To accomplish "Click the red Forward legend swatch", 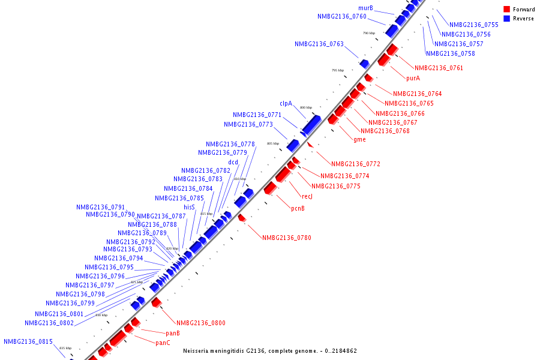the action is [506, 10].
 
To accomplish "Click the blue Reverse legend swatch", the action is [506, 19].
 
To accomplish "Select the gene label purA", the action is [413, 79].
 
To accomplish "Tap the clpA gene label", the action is [286, 104].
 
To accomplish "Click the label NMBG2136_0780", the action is [286, 238].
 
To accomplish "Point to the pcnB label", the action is [298, 209].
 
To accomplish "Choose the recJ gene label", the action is [307, 197].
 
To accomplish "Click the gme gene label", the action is [359, 140].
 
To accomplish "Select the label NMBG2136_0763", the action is [319, 44].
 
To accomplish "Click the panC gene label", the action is [163, 343].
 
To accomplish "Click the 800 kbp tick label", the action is [306, 107].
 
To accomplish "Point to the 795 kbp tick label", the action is [338, 70].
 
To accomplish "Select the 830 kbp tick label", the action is [101, 315].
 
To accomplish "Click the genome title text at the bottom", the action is [270, 351].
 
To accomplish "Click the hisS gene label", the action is [189, 207].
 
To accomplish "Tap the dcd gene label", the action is [233, 163].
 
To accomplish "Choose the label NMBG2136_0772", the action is [355, 164].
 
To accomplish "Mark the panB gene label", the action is [173, 333].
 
